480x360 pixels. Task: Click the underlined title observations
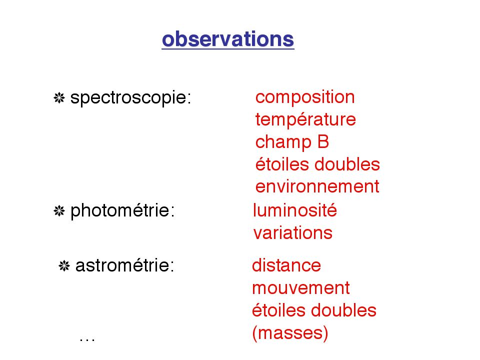tap(228, 39)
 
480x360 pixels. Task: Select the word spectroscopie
tap(130, 98)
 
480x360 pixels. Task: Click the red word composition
tap(305, 97)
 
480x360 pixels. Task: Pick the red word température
tap(305, 119)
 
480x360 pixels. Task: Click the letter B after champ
tap(323, 142)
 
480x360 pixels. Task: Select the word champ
tap(283, 143)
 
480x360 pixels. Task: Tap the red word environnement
tap(317, 186)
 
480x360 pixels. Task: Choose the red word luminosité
tap(295, 210)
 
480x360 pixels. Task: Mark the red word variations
tap(293, 232)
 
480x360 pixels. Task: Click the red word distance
tap(286, 265)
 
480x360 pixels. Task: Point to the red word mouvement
tap(301, 288)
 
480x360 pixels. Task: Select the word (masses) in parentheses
tap(290, 333)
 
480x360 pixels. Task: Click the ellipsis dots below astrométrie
tap(87, 339)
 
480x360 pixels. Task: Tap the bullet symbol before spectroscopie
tap(59, 98)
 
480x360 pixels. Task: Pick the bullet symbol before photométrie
tap(59, 211)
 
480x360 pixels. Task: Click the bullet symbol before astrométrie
tap(64, 265)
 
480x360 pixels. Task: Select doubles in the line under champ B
tap(347, 164)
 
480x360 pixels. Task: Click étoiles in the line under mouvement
tap(279, 310)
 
